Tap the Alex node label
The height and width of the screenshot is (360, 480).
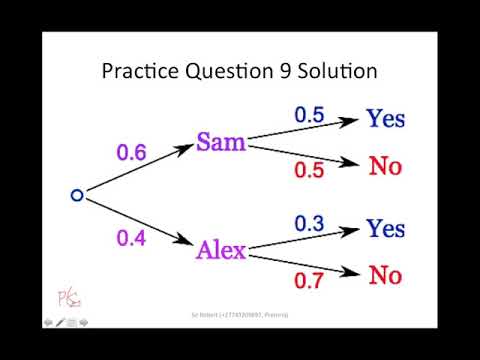(221, 250)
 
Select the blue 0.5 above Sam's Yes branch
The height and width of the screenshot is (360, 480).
(308, 115)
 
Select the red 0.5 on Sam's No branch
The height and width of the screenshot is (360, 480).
(308, 170)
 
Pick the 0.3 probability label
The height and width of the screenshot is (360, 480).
(308, 224)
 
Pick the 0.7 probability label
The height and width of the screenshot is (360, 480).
(308, 281)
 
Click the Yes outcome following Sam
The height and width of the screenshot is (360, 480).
(385, 119)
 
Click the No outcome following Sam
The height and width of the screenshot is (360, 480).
(385, 165)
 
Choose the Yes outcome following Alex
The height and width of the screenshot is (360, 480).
(385, 229)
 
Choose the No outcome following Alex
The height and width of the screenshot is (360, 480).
(385, 274)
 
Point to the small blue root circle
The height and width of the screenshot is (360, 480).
(77, 195)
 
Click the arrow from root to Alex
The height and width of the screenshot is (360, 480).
(140, 222)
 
